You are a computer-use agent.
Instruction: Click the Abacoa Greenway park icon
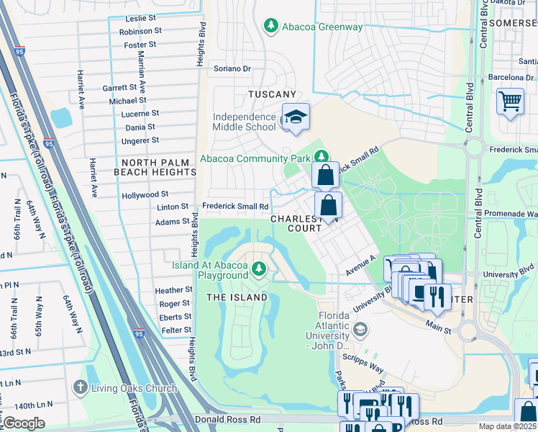[270, 27]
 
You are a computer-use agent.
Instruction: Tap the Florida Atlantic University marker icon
[360, 330]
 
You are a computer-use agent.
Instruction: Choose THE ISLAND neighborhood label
[237, 297]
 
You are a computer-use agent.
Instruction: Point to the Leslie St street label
[140, 17]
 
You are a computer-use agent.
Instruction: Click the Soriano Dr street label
[232, 69]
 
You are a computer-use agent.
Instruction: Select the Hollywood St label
[145, 194]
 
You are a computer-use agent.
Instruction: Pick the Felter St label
[175, 330]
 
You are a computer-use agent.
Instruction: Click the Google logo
[24, 423]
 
